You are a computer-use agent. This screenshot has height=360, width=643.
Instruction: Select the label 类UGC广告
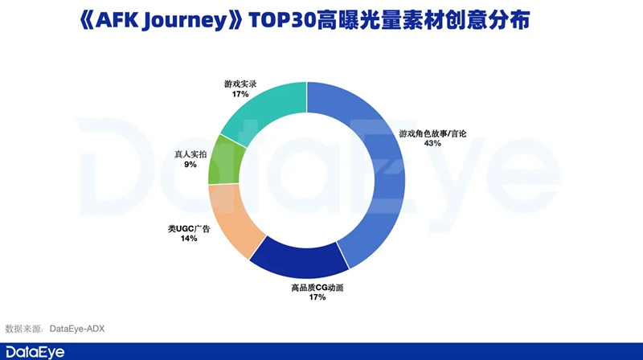pyautogui.click(x=188, y=229)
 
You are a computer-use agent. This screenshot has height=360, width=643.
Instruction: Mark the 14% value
pyautogui.click(x=188, y=239)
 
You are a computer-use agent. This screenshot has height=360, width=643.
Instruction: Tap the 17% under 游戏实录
pyautogui.click(x=240, y=94)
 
